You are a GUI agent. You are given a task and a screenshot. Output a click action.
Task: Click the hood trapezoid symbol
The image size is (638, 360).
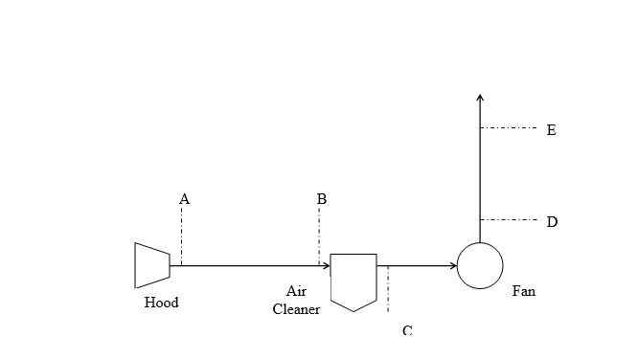click(x=152, y=265)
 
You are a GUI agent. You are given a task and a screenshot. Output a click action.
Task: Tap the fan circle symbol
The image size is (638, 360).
click(x=480, y=265)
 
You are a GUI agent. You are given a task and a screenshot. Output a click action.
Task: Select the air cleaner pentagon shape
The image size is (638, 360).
click(x=353, y=281)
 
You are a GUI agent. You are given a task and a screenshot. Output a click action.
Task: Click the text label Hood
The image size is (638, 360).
click(x=161, y=303)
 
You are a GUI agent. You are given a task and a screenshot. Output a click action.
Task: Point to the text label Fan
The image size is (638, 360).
click(x=523, y=291)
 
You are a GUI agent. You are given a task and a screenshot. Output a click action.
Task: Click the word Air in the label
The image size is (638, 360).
click(x=296, y=291)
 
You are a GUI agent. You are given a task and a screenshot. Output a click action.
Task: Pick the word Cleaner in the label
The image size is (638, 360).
click(x=296, y=308)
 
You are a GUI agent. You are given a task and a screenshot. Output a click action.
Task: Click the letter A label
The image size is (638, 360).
click(x=185, y=199)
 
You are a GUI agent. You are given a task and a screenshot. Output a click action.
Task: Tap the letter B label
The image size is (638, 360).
click(x=322, y=199)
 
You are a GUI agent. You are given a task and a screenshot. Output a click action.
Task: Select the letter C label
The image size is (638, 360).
click(x=407, y=330)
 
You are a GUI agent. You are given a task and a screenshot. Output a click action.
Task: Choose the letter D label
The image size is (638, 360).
click(x=552, y=222)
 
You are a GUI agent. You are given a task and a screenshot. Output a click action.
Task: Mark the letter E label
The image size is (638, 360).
click(x=551, y=129)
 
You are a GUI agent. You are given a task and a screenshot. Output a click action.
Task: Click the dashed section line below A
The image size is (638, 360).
click(x=181, y=235)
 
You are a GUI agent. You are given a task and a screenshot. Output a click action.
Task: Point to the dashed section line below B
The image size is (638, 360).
click(x=319, y=235)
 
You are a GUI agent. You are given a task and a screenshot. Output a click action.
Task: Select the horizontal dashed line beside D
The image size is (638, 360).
click(x=508, y=220)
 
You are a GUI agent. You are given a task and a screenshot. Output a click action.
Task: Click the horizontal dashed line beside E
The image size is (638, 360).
click(x=508, y=127)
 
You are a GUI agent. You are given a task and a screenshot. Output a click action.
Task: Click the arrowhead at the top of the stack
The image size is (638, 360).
click(x=480, y=96)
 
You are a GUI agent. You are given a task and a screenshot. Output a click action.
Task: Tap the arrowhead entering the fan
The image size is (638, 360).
click(x=452, y=265)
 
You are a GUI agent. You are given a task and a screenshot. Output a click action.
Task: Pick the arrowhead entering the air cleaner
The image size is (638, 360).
click(x=325, y=265)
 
